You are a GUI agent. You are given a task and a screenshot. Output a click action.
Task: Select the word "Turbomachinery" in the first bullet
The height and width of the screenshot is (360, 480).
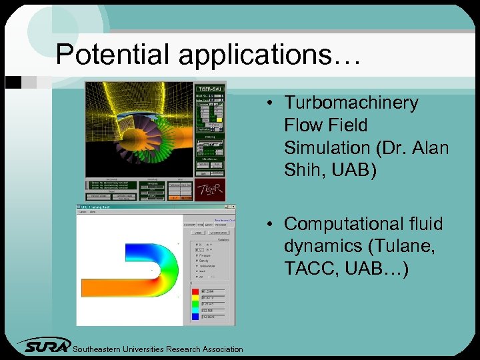pyautogui.click(x=351, y=103)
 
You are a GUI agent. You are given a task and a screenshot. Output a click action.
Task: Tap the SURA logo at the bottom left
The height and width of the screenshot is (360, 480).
pyautogui.click(x=43, y=345)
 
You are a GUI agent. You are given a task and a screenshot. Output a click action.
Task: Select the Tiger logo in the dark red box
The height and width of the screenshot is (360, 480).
pyautogui.click(x=210, y=189)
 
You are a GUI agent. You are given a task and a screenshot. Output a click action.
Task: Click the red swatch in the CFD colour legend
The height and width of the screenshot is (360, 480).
pyautogui.click(x=195, y=291)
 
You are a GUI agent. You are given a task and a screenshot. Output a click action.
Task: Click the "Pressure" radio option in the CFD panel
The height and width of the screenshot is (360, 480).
pyautogui.click(x=197, y=255)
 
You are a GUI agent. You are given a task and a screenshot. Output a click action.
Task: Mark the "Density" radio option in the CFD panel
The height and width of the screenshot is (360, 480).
pyautogui.click(x=197, y=260)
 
